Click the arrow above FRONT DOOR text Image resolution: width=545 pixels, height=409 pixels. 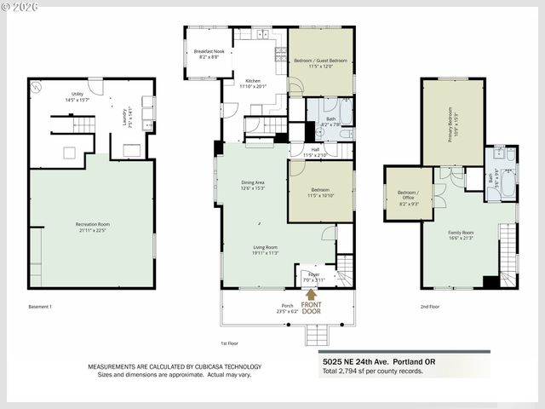pyautogui.click(x=311, y=294)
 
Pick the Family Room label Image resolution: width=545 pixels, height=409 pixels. pyautogui.click(x=461, y=233)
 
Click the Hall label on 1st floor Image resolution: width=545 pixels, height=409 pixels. pyautogui.click(x=321, y=153)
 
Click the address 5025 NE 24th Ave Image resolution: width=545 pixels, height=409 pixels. pyautogui.click(x=366, y=359)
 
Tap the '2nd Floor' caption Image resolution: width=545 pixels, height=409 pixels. pyautogui.click(x=430, y=306)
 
